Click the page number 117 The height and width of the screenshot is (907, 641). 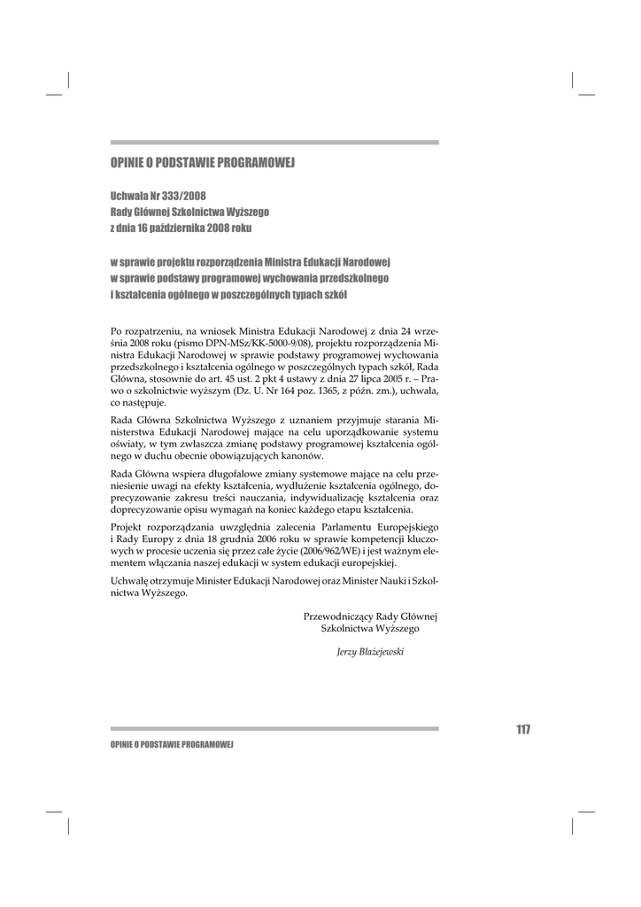click(522, 729)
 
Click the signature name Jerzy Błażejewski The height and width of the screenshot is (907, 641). click(370, 651)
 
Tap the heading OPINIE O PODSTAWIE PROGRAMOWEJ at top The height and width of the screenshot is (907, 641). click(202, 163)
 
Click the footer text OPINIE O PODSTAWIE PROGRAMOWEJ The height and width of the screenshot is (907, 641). click(171, 746)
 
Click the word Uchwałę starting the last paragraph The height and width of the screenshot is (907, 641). click(132, 581)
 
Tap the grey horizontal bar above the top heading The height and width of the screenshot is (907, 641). click(274, 142)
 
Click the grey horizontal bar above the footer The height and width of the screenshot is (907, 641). click(274, 729)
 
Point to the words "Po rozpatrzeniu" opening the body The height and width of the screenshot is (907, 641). click(144, 329)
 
